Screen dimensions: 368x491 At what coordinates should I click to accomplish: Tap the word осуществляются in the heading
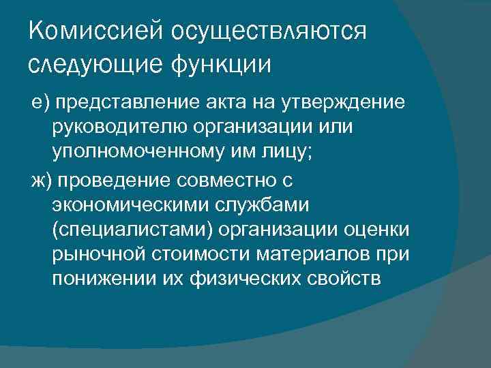[x=269, y=33]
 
